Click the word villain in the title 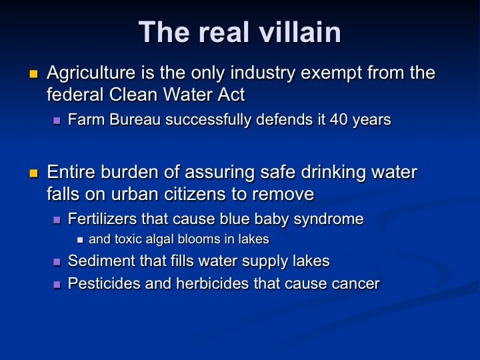tap(300, 32)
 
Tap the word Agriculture tap(91, 73)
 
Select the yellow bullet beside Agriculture tap(33, 74)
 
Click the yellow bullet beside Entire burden tap(33, 173)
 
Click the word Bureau tap(135, 119)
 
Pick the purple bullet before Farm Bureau tap(57, 121)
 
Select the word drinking tap(333, 173)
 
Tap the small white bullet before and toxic tap(80, 240)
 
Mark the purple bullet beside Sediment tap(57, 262)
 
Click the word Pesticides tap(104, 283)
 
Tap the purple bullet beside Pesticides tap(57, 285)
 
